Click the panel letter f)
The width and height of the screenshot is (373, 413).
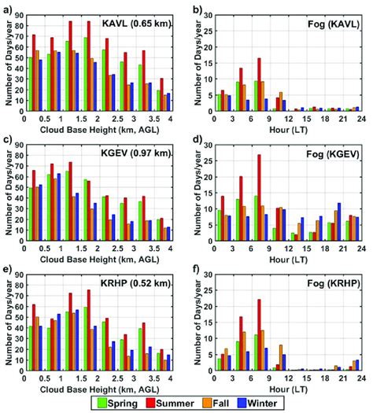tap(194, 273)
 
